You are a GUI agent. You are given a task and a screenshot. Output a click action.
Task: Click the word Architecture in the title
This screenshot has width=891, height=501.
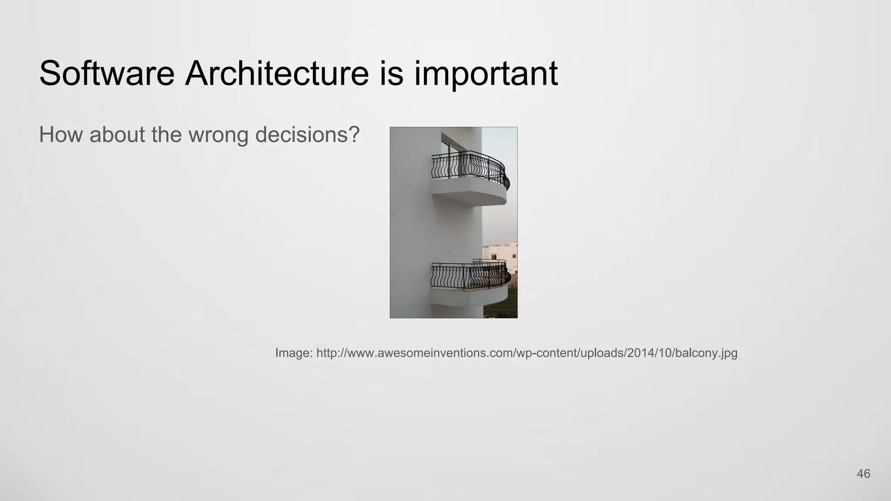click(x=277, y=73)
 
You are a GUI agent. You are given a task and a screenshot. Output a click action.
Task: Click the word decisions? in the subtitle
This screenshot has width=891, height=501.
click(x=307, y=134)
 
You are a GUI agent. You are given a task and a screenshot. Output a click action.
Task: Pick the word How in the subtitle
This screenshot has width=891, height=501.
click(x=61, y=134)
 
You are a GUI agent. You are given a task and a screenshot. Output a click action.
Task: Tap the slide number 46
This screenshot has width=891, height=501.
click(x=863, y=474)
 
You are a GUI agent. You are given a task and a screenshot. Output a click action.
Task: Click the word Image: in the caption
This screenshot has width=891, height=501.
click(x=294, y=353)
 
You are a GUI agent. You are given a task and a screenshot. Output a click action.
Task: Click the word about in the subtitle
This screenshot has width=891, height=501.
click(x=117, y=134)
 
